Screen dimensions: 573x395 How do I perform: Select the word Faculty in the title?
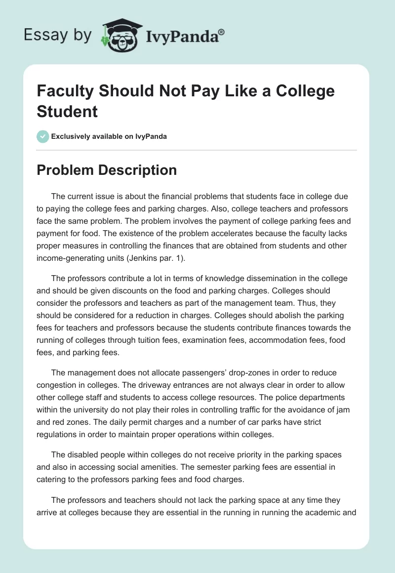pos(67,91)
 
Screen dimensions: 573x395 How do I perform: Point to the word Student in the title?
pos(67,111)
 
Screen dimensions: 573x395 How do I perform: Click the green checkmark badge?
pos(43,136)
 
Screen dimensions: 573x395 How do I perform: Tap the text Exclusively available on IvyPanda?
pos(109,136)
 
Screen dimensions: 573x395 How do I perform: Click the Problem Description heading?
pos(107,170)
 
